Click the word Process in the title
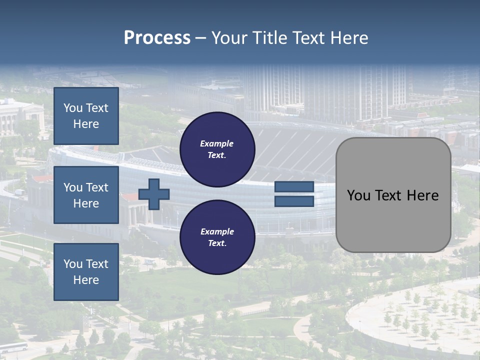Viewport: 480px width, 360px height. click(x=157, y=38)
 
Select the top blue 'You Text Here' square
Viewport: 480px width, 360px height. click(x=86, y=116)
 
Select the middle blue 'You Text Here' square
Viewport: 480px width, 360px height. click(x=86, y=195)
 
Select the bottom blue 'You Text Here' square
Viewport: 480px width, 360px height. click(x=86, y=272)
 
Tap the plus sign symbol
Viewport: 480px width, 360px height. click(x=154, y=194)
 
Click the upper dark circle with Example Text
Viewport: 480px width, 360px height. click(x=217, y=149)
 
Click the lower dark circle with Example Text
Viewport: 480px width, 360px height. click(x=217, y=237)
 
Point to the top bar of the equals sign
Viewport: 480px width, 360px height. click(x=294, y=187)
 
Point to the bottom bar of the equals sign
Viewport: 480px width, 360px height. click(x=294, y=201)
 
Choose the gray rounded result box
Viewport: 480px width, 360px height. click(x=393, y=195)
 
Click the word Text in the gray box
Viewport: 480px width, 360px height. click(x=391, y=195)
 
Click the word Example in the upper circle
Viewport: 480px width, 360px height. click(x=217, y=143)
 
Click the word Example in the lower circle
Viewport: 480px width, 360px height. click(x=217, y=231)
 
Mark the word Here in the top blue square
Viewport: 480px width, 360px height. click(x=86, y=124)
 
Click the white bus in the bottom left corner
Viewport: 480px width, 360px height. click(x=14, y=347)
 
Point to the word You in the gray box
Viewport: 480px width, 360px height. click(x=358, y=195)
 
